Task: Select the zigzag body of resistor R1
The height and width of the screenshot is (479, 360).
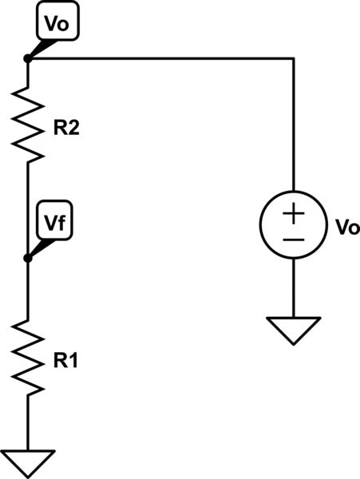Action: (x=28, y=360)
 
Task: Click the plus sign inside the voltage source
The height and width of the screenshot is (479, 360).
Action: (x=294, y=213)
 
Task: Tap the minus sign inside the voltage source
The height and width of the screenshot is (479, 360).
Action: (x=294, y=239)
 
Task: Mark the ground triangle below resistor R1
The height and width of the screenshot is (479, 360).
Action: (x=28, y=461)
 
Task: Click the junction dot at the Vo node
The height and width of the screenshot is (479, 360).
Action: (x=28, y=58)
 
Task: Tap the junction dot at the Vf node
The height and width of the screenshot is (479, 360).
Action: (x=28, y=258)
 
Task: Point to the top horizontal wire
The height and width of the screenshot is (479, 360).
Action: (x=160, y=58)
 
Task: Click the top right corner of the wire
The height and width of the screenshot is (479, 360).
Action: (x=294, y=58)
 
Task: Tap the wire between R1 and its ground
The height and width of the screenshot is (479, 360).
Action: (x=28, y=423)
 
